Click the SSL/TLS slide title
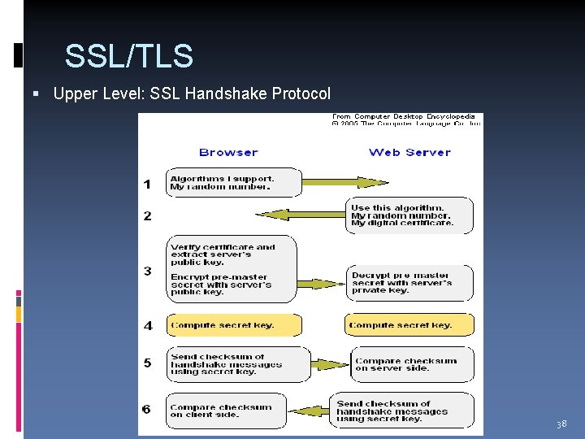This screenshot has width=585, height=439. tap(128, 56)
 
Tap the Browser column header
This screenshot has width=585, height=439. tap(228, 152)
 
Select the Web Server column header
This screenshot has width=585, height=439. tap(409, 152)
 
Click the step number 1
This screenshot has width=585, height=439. tap(147, 184)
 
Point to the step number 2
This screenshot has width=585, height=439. tap(147, 215)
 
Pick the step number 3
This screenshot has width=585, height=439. tap(147, 271)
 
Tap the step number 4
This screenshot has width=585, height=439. tap(147, 325)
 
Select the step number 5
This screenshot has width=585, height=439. tap(147, 363)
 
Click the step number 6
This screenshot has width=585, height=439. tap(147, 408)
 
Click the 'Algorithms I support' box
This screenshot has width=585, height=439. tap(234, 183)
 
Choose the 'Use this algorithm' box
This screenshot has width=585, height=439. tap(409, 215)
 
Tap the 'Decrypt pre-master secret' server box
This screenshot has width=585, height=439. tap(409, 283)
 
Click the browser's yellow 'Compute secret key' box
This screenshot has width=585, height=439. tap(233, 325)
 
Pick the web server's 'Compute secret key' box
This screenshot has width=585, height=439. tap(409, 325)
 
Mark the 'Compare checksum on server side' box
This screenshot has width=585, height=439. tap(412, 364)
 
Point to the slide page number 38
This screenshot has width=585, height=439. tap(561, 424)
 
